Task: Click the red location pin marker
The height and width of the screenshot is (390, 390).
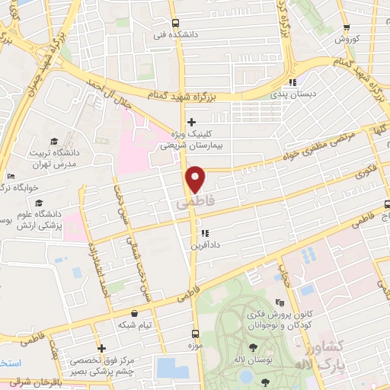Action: [197, 179]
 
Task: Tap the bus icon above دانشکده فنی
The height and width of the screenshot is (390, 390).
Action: [176, 23]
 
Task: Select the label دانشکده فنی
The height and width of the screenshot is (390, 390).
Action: [171, 35]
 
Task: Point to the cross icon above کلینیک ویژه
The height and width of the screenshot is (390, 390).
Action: [191, 121]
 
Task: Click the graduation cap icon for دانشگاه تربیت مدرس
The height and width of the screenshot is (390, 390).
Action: [54, 141]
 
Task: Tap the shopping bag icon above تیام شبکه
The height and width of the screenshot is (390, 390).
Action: [134, 312]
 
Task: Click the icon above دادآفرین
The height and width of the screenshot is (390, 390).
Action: [204, 233]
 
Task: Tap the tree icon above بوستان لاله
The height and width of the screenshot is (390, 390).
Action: [253, 356]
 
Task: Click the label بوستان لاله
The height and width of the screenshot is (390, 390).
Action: [253, 369]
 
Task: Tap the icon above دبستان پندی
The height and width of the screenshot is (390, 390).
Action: [292, 84]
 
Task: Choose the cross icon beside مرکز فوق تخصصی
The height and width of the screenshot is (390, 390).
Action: [101, 349]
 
